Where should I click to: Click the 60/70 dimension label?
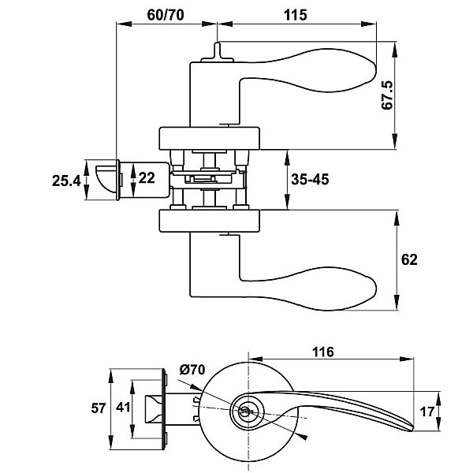coord(166,15)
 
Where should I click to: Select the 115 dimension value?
coord(296,15)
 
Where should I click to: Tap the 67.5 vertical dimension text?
coord(387,95)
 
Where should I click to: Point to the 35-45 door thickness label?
coord(310,180)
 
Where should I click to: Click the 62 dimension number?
coord(409,259)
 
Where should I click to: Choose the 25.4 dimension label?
coord(66,181)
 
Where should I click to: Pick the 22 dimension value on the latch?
coord(147,178)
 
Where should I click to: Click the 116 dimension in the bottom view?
coord(323,352)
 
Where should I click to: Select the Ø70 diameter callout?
coord(192,370)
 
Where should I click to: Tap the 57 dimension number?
coord(99,408)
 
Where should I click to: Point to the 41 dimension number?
coord(123,408)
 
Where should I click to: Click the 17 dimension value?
coord(426,412)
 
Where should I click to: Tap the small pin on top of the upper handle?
coord(218,52)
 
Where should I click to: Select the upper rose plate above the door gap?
coord(210,139)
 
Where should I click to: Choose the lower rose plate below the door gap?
coord(210,221)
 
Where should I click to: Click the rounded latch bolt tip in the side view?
coord(106,179)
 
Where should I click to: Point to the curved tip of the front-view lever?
coord(408,426)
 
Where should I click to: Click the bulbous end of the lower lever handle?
coord(357,289)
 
